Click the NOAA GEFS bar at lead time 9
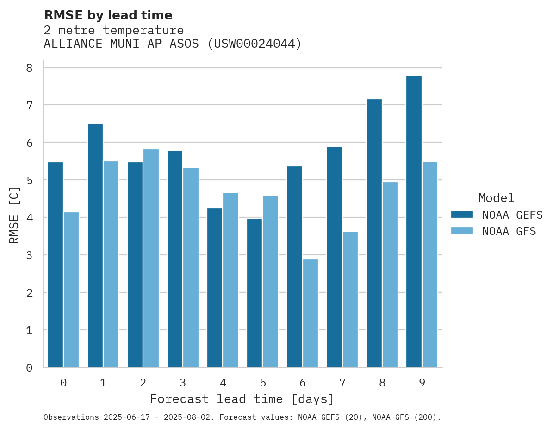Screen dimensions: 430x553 (414, 221)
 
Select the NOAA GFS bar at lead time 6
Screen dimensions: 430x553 (311, 313)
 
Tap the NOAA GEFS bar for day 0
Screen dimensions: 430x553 (55, 265)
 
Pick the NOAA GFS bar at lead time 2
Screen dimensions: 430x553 (151, 258)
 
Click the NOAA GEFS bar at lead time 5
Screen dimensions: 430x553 (255, 293)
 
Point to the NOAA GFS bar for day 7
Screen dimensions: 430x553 (350, 299)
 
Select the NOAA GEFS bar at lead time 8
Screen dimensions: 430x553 (374, 233)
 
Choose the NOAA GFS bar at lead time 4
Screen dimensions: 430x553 (230, 280)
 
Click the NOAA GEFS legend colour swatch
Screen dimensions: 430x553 (462, 214)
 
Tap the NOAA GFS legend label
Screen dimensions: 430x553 (509, 231)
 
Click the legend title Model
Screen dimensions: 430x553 (497, 198)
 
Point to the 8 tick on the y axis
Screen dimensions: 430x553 (29, 68)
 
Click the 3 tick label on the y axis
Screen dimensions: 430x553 (29, 255)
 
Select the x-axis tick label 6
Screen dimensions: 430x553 (303, 383)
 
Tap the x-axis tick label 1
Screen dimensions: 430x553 (103, 383)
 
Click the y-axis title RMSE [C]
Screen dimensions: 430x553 (14, 215)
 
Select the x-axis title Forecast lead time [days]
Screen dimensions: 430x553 (242, 399)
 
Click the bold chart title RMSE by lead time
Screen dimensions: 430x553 (108, 15)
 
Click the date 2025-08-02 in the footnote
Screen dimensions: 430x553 (190, 417)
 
